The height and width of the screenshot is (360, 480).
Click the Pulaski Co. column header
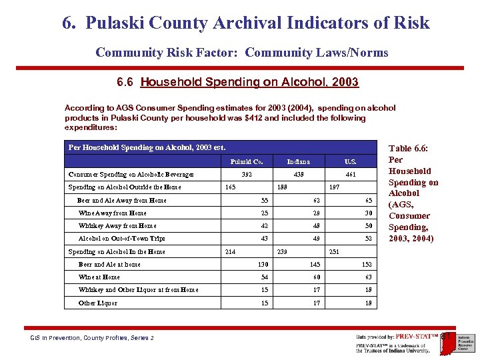click(246, 161)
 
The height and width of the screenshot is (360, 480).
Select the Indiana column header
click(298, 161)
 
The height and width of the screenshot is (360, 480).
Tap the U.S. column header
click(350, 161)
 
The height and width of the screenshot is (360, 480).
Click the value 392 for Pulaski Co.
click(246, 175)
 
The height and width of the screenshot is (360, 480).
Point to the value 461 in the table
click(350, 175)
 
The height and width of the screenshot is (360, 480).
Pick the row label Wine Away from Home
click(113, 213)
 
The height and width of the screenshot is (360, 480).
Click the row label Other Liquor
click(98, 303)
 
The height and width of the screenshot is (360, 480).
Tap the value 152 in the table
click(367, 265)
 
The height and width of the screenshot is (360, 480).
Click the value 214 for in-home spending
click(231, 252)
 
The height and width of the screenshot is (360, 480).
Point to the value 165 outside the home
click(231, 187)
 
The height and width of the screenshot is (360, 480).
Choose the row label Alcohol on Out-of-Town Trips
click(121, 239)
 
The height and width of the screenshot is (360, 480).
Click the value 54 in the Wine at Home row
click(264, 277)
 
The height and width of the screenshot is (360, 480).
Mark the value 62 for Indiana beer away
click(316, 201)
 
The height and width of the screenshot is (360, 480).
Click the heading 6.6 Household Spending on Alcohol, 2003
click(237, 83)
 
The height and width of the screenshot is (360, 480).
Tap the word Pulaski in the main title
click(117, 24)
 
